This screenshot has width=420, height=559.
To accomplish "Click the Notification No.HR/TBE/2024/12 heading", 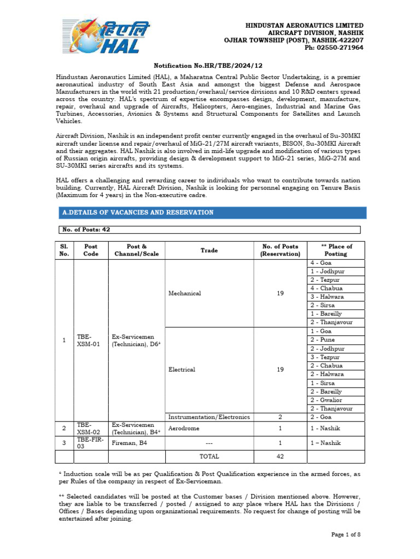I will pos(209,65).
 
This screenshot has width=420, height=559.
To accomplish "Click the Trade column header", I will pos(209,250).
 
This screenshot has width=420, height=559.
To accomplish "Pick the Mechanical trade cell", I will pos(185,293).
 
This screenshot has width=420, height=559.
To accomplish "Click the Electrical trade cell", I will pos(182,370).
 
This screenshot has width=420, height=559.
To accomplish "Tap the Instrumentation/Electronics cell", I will pos(209,417).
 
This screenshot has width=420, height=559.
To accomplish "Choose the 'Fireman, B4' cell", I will pos(130,443).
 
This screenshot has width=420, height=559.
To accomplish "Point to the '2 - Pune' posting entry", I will pos(323,340).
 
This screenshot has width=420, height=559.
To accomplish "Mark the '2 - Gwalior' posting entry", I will pos(327,400).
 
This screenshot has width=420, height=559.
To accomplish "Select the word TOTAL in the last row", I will pos(209,456).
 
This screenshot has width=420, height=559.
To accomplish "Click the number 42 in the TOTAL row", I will pos(280,456).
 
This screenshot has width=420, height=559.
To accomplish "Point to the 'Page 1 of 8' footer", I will pos(346,534).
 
